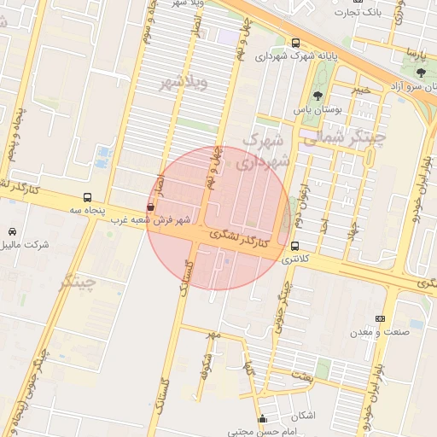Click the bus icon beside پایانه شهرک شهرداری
pyautogui.click(x=295, y=43)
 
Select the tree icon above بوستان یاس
pyautogui.click(x=318, y=96)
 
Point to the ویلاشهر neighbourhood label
pyautogui.click(x=184, y=83)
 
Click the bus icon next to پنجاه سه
pyautogui.click(x=87, y=198)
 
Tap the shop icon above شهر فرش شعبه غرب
pyautogui.click(x=151, y=207)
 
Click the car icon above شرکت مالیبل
pyautogui.click(x=12, y=231)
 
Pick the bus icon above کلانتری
pyautogui.click(x=295, y=247)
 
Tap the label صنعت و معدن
pyautogui.click(x=380, y=331)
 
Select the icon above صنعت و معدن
pyautogui.click(x=380, y=318)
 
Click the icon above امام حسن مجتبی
pyautogui.click(x=262, y=419)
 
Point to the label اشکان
pyautogui.click(x=302, y=416)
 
